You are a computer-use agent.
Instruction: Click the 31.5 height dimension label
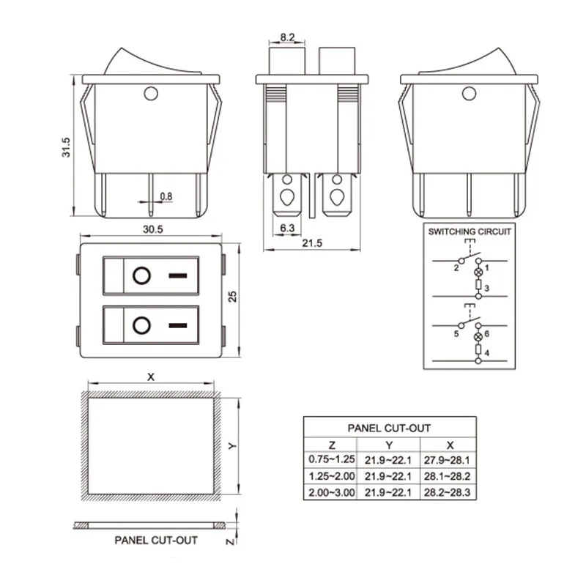tap(66, 147)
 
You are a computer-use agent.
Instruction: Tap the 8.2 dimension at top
tap(287, 37)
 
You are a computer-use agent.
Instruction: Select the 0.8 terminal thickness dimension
tap(166, 196)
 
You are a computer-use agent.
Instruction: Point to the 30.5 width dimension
tap(153, 229)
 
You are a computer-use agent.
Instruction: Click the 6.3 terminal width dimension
tap(287, 228)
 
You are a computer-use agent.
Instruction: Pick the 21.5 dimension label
tap(312, 243)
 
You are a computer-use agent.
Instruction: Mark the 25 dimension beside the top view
tap(232, 297)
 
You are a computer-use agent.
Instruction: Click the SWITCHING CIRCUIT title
tap(470, 231)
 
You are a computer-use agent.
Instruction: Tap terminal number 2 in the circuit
tap(456, 267)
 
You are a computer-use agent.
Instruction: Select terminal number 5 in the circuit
tap(456, 334)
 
